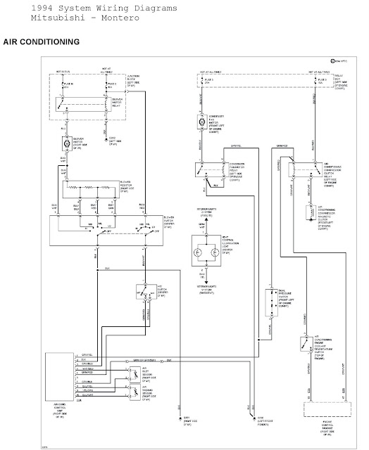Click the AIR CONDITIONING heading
[x=42, y=43]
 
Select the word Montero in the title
[x=104, y=17]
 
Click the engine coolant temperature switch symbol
[x=305, y=345]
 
